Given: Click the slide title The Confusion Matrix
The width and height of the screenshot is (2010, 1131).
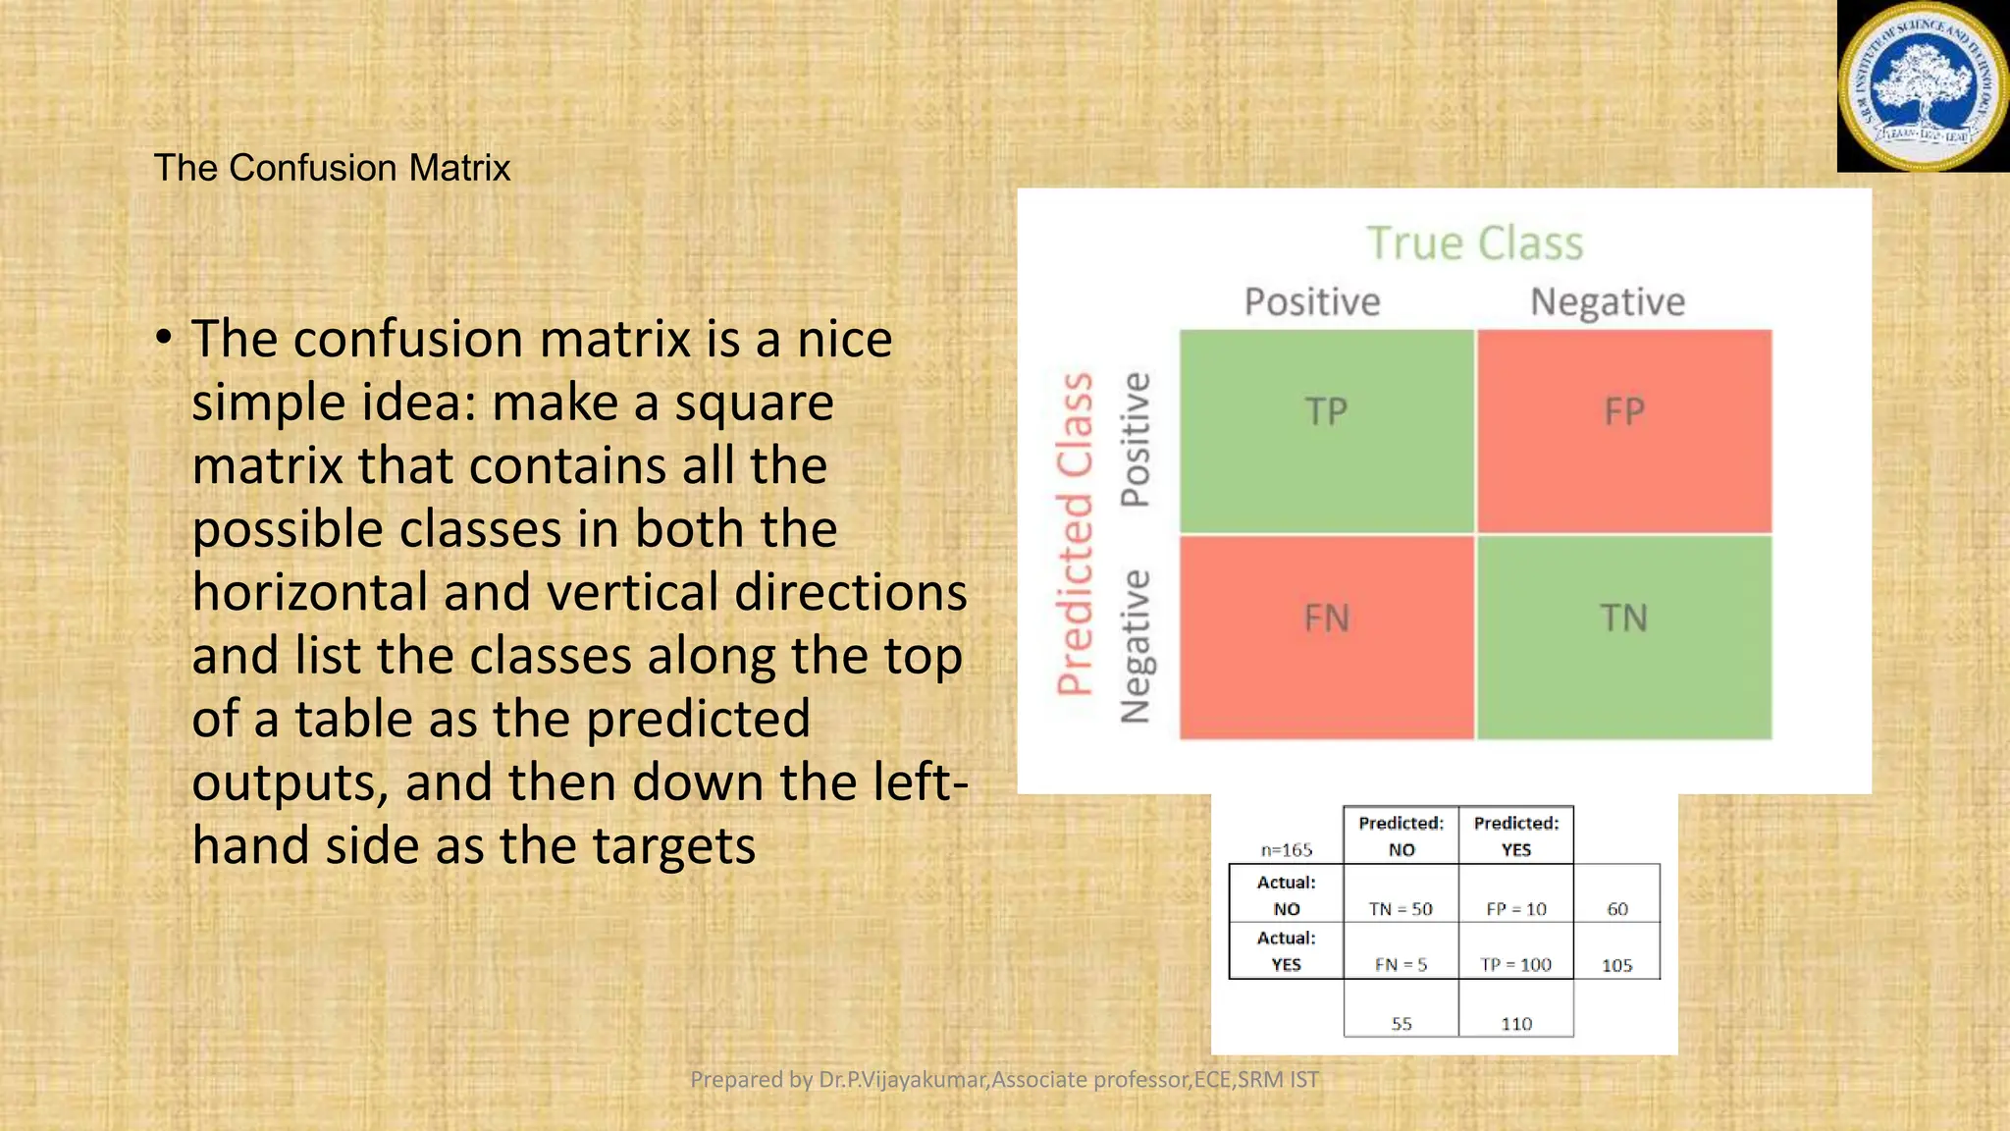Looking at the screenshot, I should (332, 168).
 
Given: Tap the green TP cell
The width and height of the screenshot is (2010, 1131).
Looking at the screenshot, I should (1326, 432).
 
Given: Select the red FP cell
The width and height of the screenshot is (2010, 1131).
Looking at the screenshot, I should (1624, 432).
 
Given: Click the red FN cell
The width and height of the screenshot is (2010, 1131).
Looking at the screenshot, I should (1326, 636).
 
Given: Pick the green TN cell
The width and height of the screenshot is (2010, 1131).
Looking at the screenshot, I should (1624, 636).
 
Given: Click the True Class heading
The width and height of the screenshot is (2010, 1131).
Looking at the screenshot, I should (1475, 242).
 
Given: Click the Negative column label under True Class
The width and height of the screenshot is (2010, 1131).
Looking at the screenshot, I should (1608, 301).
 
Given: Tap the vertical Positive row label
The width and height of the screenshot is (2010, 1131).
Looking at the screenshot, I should (1136, 439).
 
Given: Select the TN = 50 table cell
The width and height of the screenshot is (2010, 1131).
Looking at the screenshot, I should (1401, 909).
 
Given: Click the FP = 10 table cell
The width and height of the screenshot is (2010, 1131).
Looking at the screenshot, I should (1515, 909).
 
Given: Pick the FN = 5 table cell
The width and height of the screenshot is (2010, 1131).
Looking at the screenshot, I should (1401, 965).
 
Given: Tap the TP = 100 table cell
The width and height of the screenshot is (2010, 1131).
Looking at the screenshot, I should (1515, 965).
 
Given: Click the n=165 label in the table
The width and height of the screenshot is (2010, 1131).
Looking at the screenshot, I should (1286, 850).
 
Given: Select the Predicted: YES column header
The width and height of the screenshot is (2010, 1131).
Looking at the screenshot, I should (1515, 835).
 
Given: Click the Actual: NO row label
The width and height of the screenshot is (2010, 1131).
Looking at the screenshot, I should (1286, 894).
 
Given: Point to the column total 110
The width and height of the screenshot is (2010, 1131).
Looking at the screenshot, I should (1515, 1024).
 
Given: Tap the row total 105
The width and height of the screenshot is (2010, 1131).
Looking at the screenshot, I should (1616, 966).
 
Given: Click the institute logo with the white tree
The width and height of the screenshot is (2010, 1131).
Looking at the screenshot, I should (1922, 86).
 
